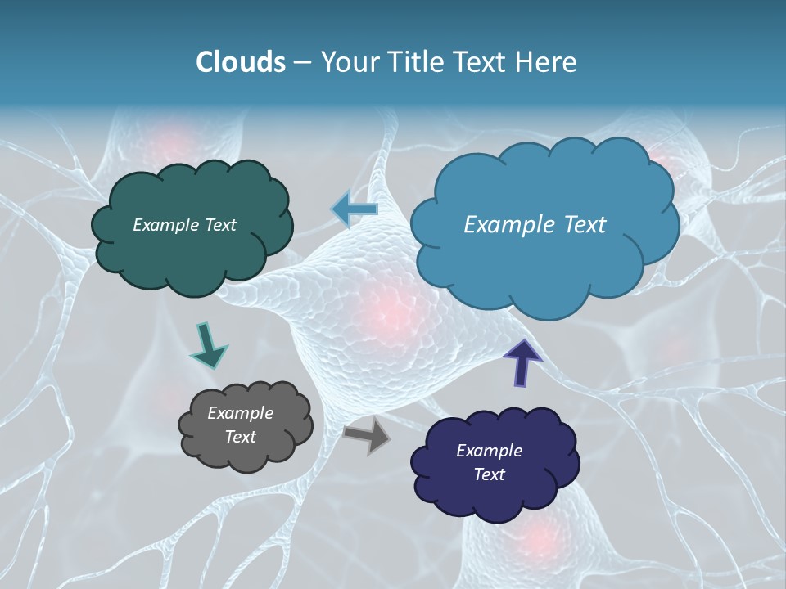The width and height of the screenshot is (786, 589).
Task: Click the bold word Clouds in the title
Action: [x=240, y=62]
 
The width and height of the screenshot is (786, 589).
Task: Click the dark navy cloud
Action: [x=491, y=499]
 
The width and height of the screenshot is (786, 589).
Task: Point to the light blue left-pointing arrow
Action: [x=355, y=209]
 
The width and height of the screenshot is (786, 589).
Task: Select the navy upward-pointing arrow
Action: [x=522, y=361]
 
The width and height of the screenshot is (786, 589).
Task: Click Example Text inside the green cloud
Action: [x=185, y=225]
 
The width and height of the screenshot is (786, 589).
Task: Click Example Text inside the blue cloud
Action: [x=535, y=225]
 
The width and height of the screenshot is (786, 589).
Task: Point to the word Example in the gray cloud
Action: [x=241, y=413]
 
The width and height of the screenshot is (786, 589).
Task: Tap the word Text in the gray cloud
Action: [x=241, y=437]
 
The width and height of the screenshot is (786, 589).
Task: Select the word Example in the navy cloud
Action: [x=490, y=451]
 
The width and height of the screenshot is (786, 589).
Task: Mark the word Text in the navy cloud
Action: [x=490, y=474]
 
